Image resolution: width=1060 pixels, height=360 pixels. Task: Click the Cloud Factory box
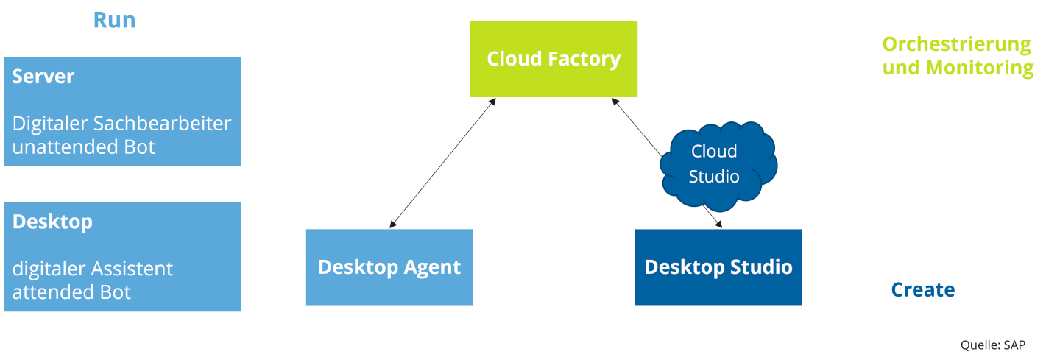[554, 59]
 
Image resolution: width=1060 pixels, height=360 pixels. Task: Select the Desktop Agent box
[389, 267]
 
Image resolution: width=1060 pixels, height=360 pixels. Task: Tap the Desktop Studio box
[718, 267]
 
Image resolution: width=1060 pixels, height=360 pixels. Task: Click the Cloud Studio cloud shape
[714, 164]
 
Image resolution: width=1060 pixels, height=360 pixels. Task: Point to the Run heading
[114, 20]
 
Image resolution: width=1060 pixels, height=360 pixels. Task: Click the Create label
[923, 289]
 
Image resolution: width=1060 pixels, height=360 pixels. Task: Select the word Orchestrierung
[956, 44]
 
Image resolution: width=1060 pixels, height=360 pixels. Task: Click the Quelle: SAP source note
[992, 345]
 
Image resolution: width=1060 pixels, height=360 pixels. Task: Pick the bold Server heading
[43, 77]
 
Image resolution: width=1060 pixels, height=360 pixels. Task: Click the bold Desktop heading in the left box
[52, 222]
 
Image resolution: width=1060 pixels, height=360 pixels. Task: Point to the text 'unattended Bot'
[84, 147]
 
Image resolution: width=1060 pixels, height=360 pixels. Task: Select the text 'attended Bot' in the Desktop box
[71, 292]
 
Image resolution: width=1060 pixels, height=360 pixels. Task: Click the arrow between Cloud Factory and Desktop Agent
[442, 163]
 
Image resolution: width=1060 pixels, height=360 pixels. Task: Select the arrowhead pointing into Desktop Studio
[718, 224]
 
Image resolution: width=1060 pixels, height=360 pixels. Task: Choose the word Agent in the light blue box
[434, 267]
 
